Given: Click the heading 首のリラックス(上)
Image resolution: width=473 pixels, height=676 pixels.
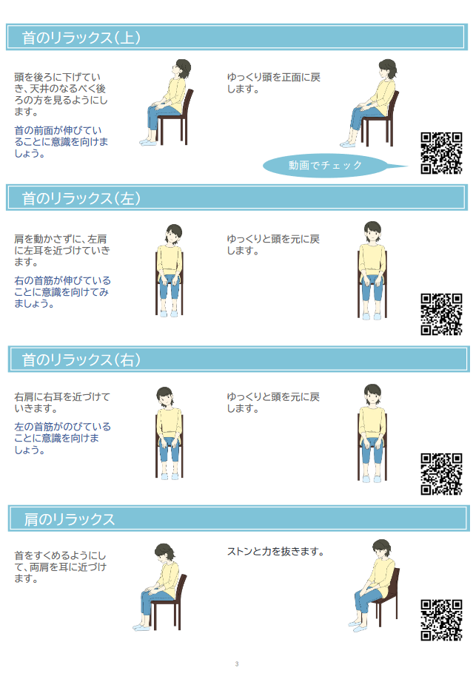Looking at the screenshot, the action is [81, 38].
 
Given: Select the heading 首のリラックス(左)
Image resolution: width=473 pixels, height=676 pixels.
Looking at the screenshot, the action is [81, 198].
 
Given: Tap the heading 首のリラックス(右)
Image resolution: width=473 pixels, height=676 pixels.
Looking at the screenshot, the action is [81, 359].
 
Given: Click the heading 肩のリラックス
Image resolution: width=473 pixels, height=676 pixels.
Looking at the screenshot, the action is [69, 519].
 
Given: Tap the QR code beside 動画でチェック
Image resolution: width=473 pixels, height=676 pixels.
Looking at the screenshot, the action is [441, 153].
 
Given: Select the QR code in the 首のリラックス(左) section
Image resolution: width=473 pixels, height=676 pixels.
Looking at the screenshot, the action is [441, 314].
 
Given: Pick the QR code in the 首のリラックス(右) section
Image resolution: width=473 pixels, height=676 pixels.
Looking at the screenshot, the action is [441, 474].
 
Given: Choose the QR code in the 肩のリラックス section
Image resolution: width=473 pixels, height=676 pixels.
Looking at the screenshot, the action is [441, 620].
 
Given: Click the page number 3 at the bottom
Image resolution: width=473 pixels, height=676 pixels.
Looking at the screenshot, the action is [237, 664].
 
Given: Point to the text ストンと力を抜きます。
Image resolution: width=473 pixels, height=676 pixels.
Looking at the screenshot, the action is [276, 552].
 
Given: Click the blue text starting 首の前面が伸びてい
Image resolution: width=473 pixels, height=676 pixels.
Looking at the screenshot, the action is [61, 142].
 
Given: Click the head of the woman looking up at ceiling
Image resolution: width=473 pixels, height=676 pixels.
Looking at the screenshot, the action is [181, 69].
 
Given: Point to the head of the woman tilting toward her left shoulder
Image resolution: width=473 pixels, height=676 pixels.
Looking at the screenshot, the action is [173, 234].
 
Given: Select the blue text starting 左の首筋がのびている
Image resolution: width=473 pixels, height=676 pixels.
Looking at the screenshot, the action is [63, 439].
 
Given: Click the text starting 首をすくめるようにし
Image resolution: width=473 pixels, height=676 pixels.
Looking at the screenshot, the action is [60, 567].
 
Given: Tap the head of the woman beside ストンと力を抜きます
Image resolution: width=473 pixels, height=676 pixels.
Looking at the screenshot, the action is [382, 550].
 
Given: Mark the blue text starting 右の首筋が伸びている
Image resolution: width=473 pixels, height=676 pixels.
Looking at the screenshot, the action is [63, 292].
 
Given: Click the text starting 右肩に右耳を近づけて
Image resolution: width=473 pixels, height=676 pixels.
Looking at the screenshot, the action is [62, 402].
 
